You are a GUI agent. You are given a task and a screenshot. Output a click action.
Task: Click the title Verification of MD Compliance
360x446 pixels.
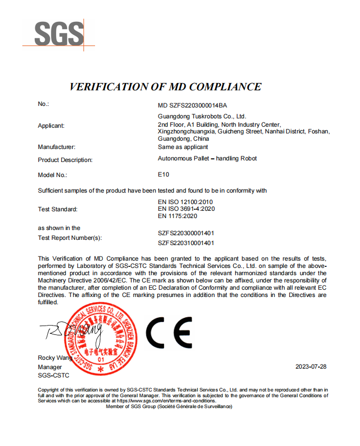click(165, 87)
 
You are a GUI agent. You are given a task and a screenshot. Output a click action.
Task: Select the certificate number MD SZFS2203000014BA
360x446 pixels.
click(192, 105)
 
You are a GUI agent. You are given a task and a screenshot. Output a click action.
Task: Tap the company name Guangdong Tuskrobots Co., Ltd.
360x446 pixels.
click(202, 116)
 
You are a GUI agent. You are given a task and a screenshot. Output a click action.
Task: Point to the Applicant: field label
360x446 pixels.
click(51, 126)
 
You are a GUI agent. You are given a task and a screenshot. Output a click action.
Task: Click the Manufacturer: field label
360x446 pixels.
click(57, 147)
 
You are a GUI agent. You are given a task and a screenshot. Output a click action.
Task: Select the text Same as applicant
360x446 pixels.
click(183, 147)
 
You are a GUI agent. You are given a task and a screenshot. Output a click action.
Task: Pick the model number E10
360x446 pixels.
click(163, 174)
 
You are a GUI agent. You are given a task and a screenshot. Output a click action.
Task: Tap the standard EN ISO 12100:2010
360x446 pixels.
click(185, 201)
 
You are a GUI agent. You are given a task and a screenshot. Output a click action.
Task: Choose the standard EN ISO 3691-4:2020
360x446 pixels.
click(186, 208)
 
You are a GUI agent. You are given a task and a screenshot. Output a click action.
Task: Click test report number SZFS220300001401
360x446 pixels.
click(186, 233)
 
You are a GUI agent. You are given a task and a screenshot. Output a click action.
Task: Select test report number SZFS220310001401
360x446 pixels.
click(186, 242)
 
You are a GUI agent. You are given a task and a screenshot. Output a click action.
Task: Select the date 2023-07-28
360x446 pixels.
click(311, 367)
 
